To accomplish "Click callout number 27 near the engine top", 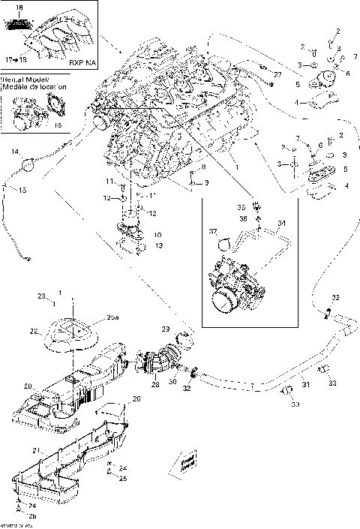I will point(277,75).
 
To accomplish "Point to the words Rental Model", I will point(22,78).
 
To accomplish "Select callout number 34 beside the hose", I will point(282,224).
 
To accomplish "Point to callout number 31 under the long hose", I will point(305,386).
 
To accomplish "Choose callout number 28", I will point(154,384).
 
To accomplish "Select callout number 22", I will point(33,331).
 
